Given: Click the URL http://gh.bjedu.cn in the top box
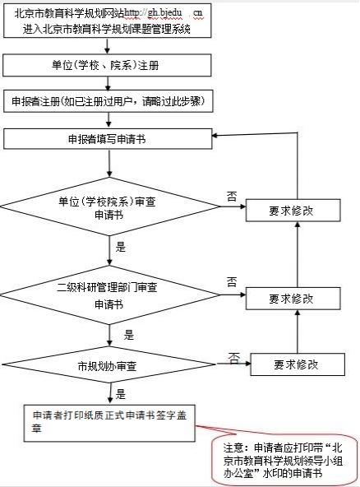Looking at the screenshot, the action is [x=163, y=13].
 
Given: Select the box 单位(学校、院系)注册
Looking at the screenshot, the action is [x=107, y=65].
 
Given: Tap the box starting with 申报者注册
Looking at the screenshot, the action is [x=108, y=101].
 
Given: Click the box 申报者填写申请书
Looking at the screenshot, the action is [x=108, y=139].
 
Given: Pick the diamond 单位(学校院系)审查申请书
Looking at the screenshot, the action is [x=109, y=206].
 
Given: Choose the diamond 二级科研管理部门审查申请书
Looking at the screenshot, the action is [x=109, y=295].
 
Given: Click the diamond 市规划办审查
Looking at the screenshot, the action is [x=109, y=364].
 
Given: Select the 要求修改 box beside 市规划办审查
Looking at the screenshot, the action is [x=298, y=364].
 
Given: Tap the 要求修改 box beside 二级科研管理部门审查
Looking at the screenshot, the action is [x=293, y=299].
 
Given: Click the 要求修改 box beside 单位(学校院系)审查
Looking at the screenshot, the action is [x=293, y=211].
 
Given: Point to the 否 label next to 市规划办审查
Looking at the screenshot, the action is [x=234, y=358].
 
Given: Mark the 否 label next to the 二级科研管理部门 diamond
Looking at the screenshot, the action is [x=232, y=281].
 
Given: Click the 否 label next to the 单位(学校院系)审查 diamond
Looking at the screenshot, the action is [x=232, y=197].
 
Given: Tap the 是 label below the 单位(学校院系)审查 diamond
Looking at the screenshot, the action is [x=121, y=248].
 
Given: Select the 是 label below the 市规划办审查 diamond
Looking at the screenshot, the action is [x=121, y=394].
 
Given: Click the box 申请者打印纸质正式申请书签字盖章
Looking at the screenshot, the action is [x=109, y=423].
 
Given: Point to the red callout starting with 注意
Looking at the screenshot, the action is [x=284, y=460].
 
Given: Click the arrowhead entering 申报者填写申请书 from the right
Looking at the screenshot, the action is [x=215, y=136].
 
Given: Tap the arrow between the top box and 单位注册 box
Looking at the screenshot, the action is [x=108, y=46].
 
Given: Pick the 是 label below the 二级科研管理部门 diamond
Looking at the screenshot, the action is [x=129, y=336].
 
